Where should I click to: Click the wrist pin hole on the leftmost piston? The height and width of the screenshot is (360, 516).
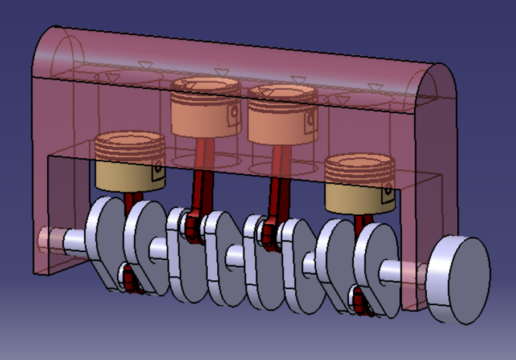(159, 167)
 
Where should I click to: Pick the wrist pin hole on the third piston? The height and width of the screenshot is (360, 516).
(310, 120)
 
